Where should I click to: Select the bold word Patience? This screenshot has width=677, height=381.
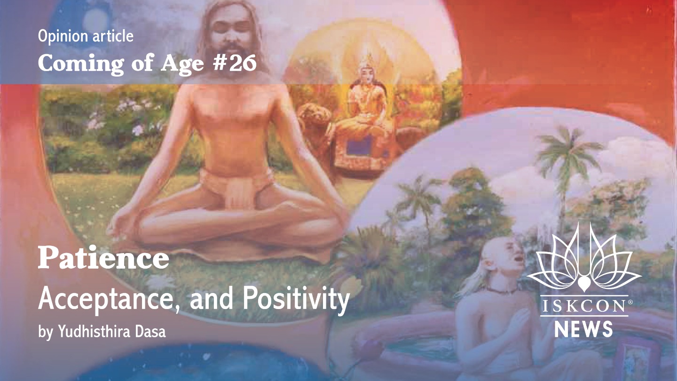(103, 258)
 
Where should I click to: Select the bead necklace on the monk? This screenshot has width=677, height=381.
(502, 291)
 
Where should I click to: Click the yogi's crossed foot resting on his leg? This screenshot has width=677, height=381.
(290, 212)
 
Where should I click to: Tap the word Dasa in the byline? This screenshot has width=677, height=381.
(150, 331)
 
